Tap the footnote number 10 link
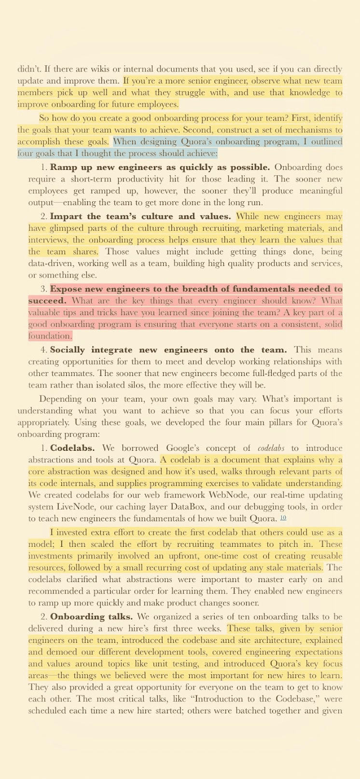tap(283, 518)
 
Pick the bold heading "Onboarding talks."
tap(92, 617)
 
